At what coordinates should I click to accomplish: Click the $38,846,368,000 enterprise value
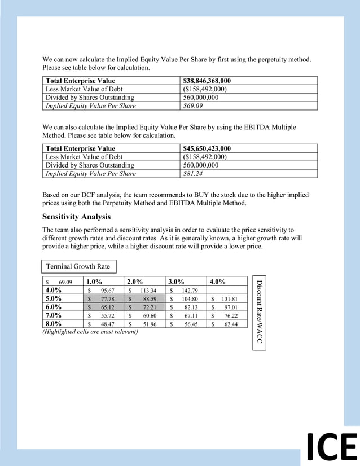click(207, 81)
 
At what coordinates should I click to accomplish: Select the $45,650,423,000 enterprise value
click(207, 148)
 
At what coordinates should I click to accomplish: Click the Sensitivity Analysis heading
click(76, 217)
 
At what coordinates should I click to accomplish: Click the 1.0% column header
click(94, 282)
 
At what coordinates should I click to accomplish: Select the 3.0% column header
click(176, 282)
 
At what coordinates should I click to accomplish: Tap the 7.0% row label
click(53, 316)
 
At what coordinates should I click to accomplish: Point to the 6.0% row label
click(53, 307)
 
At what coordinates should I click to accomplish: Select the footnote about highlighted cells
click(90, 332)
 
